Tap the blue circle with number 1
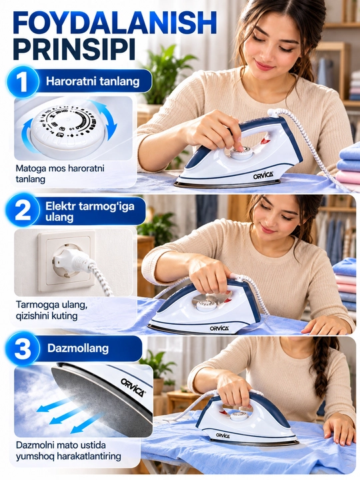(22, 82)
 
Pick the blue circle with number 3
(23, 349)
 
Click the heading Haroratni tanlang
(93, 81)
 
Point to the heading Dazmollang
(78, 349)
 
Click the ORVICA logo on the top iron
(263, 175)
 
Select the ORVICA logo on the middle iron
(219, 328)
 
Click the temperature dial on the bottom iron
(238, 415)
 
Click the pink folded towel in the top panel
(349, 177)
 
